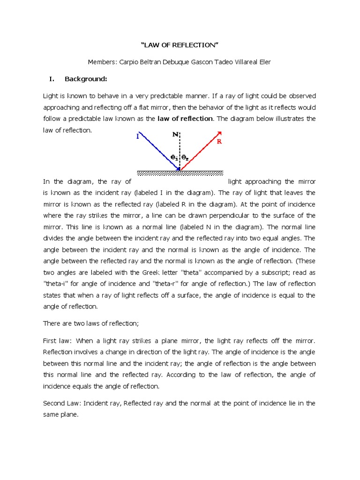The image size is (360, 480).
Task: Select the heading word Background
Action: [x=86, y=79]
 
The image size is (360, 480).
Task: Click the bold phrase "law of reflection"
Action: [x=185, y=119]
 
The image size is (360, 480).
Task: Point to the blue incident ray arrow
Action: [x=157, y=150]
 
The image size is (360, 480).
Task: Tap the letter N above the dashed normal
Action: [x=175, y=134]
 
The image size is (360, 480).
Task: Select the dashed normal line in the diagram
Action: [x=180, y=150]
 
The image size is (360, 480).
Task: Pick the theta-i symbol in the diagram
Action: [x=173, y=158]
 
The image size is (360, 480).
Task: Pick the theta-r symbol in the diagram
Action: [x=185, y=158]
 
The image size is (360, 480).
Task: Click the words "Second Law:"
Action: [x=62, y=403]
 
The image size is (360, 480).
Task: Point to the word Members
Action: [x=102, y=62]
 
